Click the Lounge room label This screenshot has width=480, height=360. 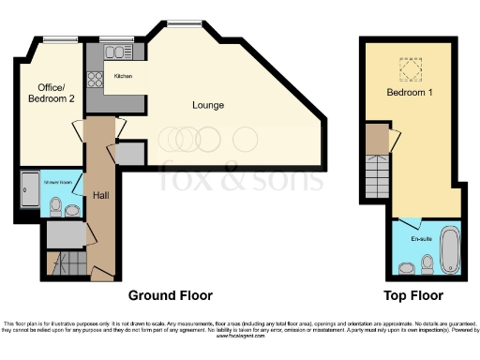[207, 105]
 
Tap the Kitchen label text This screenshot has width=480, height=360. [123, 75]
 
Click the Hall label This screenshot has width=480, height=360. [100, 195]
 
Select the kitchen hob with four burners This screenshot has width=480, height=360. [94, 79]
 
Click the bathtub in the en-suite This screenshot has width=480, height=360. [449, 248]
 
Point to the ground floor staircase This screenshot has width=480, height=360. [66, 262]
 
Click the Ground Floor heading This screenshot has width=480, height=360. [170, 293]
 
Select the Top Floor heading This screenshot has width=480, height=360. [413, 293]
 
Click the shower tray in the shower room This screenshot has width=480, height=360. [28, 192]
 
